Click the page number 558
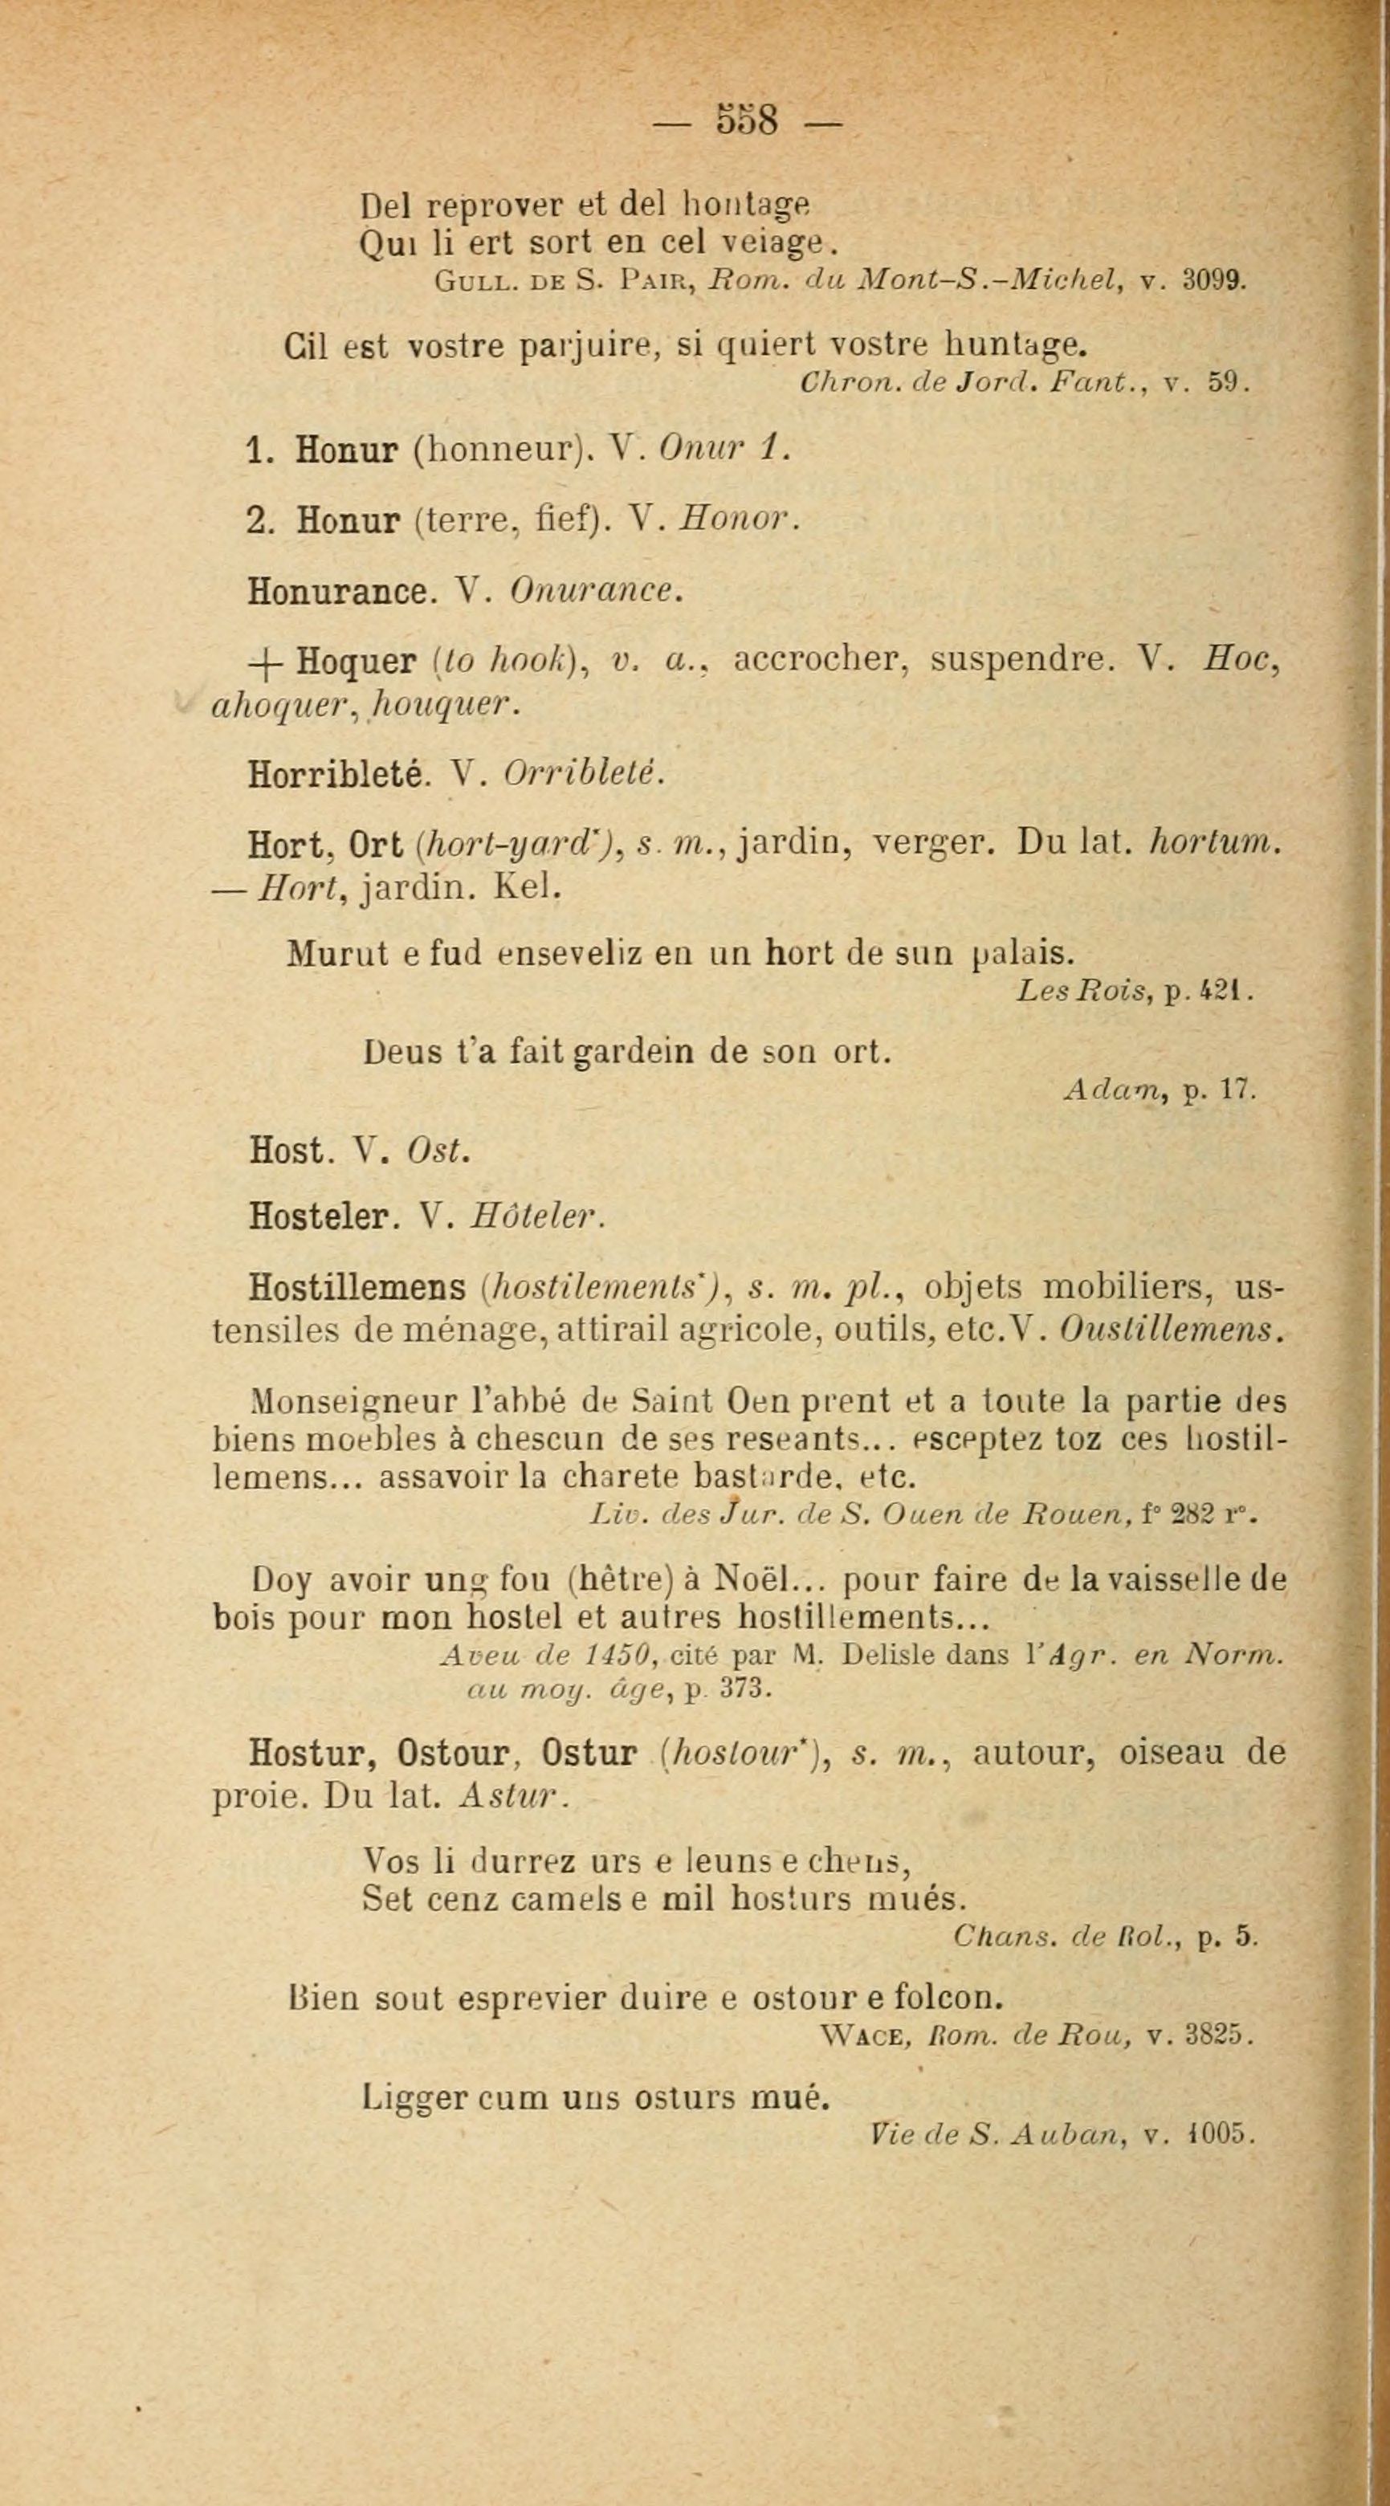[747, 120]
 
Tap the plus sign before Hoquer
[263, 662]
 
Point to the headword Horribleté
[336, 773]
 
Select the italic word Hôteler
[537, 1216]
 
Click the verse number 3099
[1213, 282]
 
